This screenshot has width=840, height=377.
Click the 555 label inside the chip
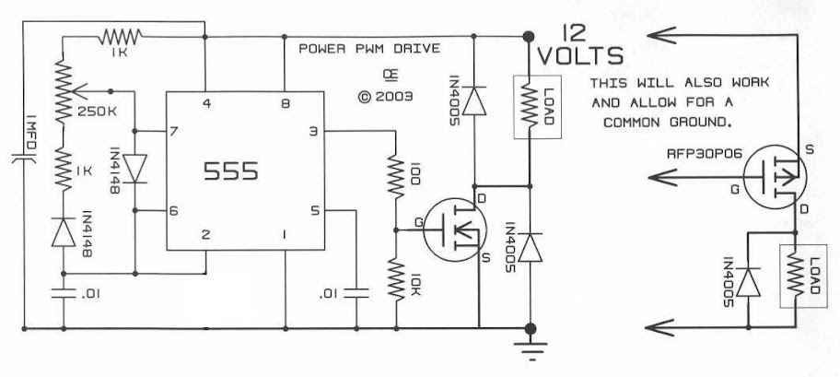pos(231,171)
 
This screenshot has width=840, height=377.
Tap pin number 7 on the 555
pos(173,131)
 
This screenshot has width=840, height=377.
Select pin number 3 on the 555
pos(313,131)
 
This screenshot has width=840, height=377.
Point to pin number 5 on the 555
pos(314,211)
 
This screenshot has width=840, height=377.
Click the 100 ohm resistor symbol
pos(396,176)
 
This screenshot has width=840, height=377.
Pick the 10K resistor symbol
pos(396,279)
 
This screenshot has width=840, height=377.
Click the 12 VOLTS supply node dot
pos(528,37)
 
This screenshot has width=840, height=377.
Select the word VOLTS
pos(580,56)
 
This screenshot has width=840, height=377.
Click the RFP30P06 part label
pos(705,154)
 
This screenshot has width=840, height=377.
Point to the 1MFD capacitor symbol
pos(25,159)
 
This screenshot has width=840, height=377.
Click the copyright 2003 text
pos(386,97)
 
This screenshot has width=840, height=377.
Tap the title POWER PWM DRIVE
pos(369,49)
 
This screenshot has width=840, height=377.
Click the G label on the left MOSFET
pos(418,221)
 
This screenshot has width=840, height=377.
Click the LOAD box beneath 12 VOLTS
pos(537,107)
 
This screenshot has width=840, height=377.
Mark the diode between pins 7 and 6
pos(134,168)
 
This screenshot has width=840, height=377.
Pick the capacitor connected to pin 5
pos(356,293)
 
